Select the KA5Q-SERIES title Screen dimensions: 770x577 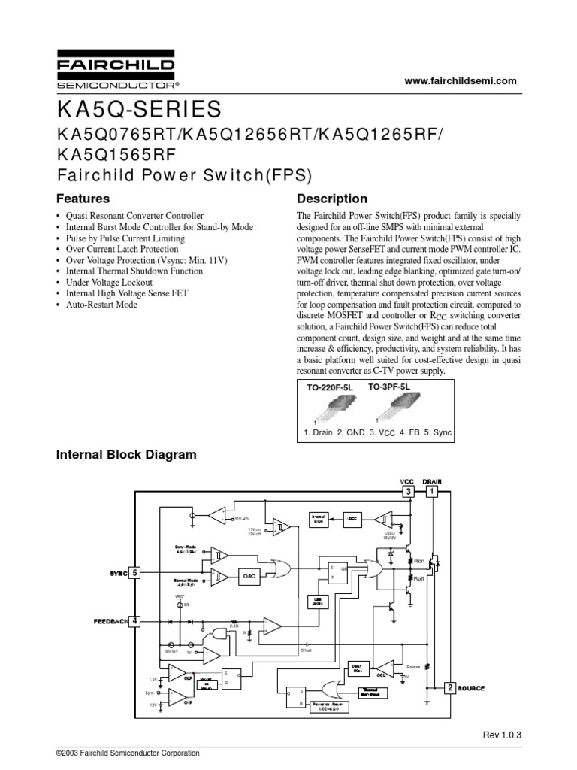139,110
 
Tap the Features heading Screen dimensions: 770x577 83,199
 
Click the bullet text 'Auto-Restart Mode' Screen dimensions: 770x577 101,305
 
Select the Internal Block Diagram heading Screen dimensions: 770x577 127,455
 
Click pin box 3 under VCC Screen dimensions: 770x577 408,491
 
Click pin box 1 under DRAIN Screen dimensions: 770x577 432,491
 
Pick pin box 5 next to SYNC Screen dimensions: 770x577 135,573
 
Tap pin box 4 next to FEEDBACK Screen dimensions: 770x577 135,621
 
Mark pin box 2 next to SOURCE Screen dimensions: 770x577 449,688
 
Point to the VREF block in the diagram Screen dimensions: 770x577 353,518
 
